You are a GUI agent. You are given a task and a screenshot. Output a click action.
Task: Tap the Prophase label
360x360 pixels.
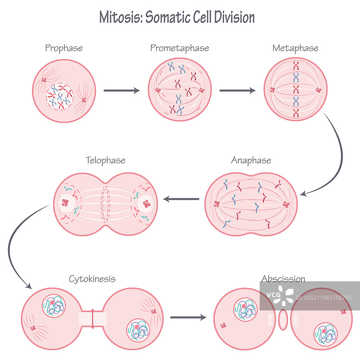point(64,48)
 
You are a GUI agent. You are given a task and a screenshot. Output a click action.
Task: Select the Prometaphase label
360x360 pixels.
point(180,48)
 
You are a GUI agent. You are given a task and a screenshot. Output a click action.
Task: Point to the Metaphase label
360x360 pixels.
point(295,48)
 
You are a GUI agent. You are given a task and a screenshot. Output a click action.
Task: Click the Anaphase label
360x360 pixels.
point(251,160)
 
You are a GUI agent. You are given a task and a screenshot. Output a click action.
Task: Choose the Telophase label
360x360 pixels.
point(105,160)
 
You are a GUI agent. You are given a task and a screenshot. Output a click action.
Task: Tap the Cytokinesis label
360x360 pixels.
point(92,279)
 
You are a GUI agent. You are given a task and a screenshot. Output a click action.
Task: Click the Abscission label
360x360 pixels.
point(283,279)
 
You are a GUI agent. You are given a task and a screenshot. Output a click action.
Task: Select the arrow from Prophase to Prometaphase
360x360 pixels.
point(121,90)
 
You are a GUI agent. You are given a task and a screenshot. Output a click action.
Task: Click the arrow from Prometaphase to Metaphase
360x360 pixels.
point(237,90)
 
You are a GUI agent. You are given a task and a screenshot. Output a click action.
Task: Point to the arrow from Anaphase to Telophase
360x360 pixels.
point(181,199)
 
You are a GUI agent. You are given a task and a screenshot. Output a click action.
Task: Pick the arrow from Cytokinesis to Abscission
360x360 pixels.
point(188,318)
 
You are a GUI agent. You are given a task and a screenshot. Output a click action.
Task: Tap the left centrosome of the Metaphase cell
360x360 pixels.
point(272,90)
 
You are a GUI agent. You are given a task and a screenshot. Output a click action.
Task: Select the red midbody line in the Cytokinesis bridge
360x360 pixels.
point(92,318)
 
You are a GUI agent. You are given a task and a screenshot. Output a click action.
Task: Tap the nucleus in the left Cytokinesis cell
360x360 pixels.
point(54,306)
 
